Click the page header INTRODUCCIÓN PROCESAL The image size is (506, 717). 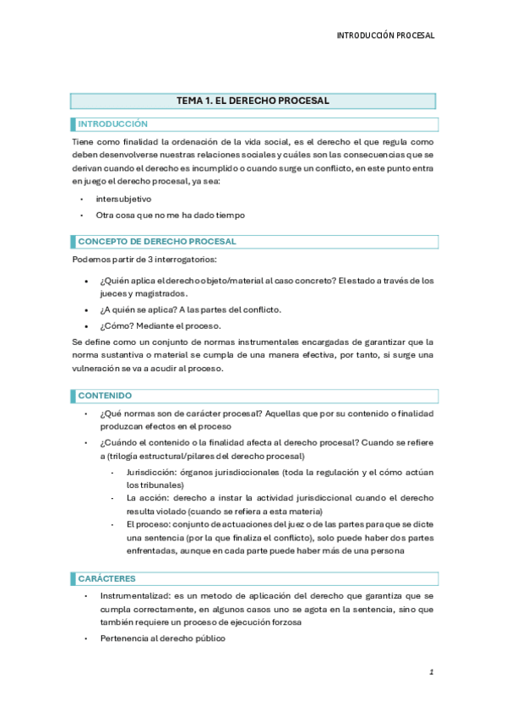pyautogui.click(x=385, y=36)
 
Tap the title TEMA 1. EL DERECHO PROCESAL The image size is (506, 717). pyautogui.click(x=253, y=101)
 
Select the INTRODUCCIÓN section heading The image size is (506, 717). pyautogui.click(x=113, y=124)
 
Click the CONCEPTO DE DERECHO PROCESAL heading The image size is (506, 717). pyautogui.click(x=157, y=242)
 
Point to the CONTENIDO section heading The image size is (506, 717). pyautogui.click(x=106, y=396)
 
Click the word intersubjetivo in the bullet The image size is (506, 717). pyautogui.click(x=123, y=199)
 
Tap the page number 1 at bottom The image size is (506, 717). pyautogui.click(x=431, y=672)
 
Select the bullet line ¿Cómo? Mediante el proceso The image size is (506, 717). pyautogui.click(x=149, y=326)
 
